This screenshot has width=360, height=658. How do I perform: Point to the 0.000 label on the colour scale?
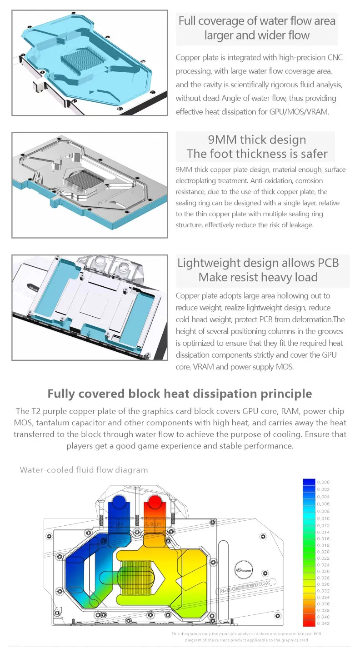coord(323,482)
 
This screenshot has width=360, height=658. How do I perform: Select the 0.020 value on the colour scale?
coord(323,551)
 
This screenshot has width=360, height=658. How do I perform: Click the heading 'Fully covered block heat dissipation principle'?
coord(180,394)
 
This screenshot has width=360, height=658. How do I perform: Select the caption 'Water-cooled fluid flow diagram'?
coord(84,470)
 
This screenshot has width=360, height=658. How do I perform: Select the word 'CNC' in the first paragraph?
coord(336,58)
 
